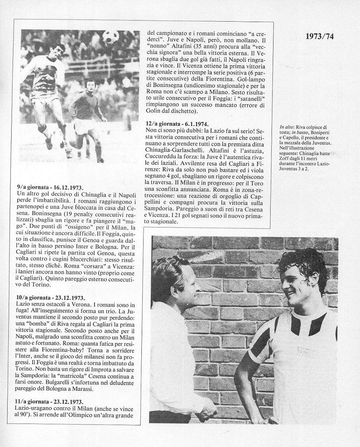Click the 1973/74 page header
coord(320,37)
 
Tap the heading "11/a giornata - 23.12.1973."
coord(50,402)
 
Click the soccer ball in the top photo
coord(111,37)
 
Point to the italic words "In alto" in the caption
coord(287,128)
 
